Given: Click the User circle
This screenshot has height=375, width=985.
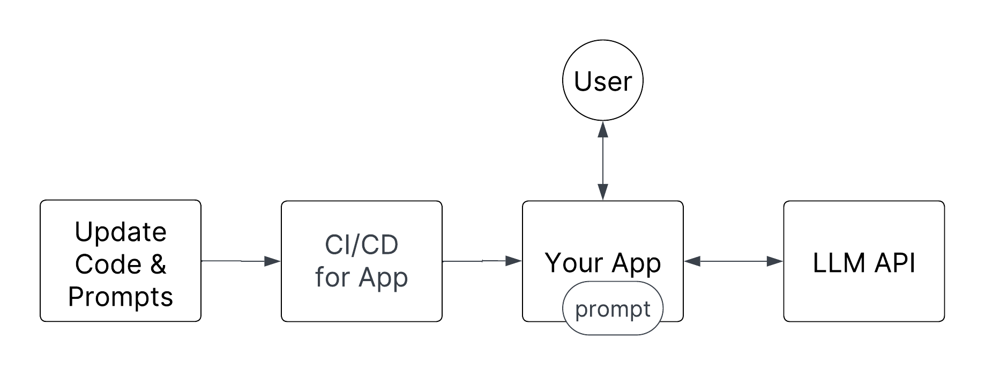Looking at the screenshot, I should [603, 82].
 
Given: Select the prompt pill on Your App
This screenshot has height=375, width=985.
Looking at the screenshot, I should [613, 310].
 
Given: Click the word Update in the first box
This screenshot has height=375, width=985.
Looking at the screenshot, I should [121, 232].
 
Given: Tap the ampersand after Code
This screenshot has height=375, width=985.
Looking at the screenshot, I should [158, 264].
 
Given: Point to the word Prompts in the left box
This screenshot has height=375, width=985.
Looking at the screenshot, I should [121, 296].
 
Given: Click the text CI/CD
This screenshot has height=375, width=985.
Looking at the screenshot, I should [362, 245].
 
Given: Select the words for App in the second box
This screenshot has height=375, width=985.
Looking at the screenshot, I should [362, 277].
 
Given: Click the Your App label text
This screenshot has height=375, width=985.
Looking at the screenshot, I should [603, 263].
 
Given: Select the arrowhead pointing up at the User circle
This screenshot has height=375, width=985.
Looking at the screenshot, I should [603, 128].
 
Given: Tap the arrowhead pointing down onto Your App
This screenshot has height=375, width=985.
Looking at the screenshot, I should [603, 192].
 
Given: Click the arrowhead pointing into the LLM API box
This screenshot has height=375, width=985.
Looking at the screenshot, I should [775, 261].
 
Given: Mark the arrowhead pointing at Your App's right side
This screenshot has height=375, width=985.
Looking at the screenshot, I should [692, 261].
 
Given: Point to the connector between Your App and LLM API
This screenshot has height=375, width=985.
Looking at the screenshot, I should [734, 261].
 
